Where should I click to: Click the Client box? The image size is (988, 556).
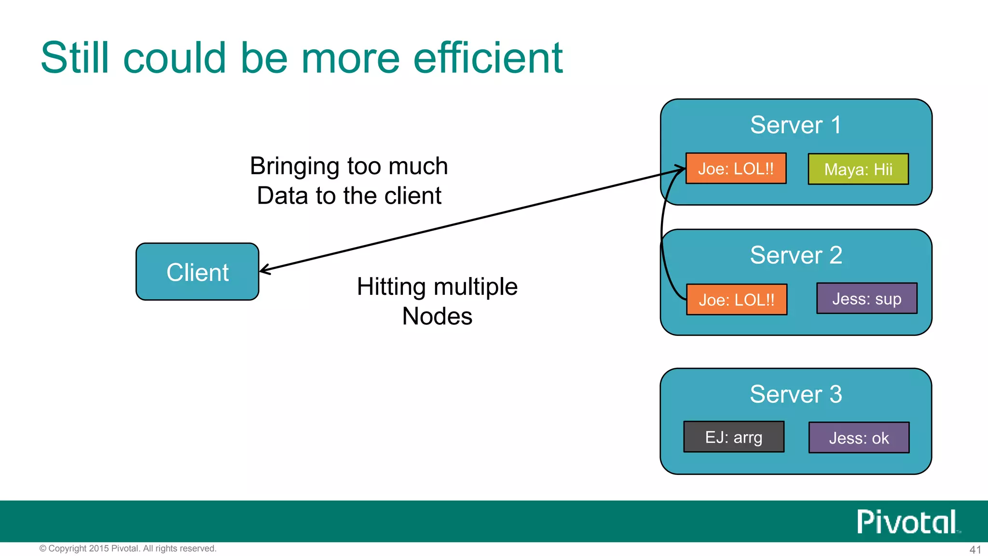pos(197,272)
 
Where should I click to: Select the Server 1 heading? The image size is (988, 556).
pos(796,125)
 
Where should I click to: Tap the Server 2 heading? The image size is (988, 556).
pos(796,255)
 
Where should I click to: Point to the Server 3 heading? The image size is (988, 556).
pos(796,394)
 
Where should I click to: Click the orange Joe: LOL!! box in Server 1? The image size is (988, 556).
pos(736,168)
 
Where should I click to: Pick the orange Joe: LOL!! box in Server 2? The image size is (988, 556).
pos(736,299)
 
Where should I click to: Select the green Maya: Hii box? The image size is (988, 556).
pos(858,169)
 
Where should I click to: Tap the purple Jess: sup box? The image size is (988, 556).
pos(866,298)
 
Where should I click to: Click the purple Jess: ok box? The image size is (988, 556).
pos(859,437)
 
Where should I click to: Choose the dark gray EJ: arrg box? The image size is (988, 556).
pos(734,437)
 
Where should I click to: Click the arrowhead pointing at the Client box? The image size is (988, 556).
pos(264,270)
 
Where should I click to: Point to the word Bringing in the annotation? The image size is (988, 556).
pos(294,167)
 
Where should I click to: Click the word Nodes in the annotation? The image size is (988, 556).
pos(437,316)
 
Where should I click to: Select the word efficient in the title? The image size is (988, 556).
pos(488,58)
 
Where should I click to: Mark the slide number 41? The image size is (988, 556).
pos(975,549)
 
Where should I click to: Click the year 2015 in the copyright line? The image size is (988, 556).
pos(99,548)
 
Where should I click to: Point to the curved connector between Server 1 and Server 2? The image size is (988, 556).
pos(662,236)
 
